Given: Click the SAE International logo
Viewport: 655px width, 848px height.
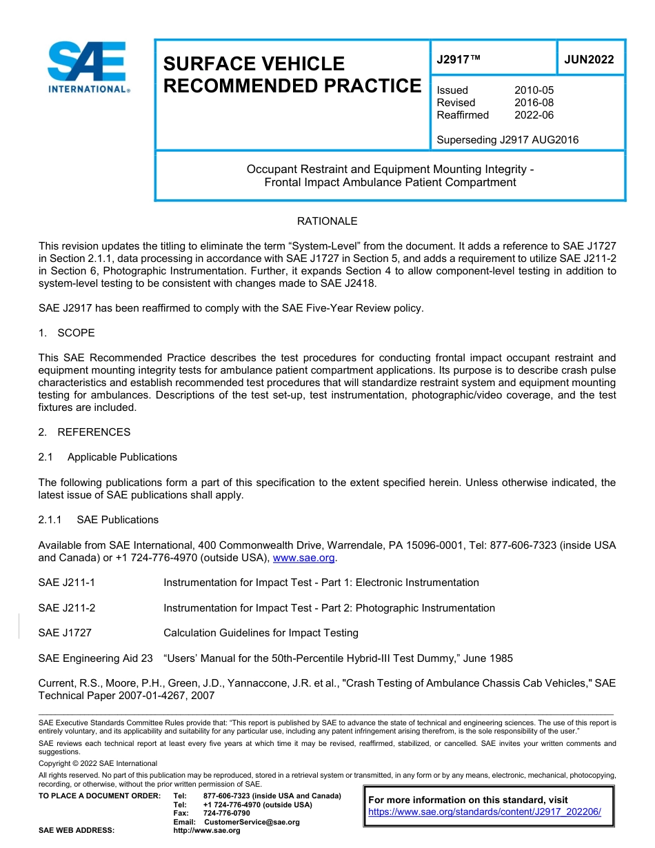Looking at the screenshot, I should click(87, 67).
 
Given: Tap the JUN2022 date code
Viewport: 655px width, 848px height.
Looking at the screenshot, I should click(589, 59).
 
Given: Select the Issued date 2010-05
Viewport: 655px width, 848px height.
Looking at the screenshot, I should click(534, 90).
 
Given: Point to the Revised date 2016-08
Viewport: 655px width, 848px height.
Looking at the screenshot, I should click(534, 103).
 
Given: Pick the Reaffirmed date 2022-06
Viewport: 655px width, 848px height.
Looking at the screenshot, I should click(534, 115).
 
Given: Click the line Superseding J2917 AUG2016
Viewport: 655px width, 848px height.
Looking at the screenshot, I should click(507, 140).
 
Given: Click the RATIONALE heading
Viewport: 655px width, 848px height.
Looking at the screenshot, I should click(327, 221).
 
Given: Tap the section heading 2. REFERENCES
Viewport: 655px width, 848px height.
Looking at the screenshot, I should click(84, 432).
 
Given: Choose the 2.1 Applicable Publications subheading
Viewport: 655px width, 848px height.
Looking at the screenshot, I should click(108, 457).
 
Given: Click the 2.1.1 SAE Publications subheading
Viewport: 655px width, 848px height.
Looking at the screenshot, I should click(98, 520).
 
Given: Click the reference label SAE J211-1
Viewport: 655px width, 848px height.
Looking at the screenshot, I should click(67, 583).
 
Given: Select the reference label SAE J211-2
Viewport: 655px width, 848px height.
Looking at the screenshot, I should click(67, 608).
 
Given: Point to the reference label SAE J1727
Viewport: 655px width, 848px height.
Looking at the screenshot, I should click(65, 633).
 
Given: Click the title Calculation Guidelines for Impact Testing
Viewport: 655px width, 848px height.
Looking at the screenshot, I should click(261, 633).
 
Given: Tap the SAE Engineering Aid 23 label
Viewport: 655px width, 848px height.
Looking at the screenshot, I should click(95, 658).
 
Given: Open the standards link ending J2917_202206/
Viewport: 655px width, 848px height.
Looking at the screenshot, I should click(485, 812).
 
